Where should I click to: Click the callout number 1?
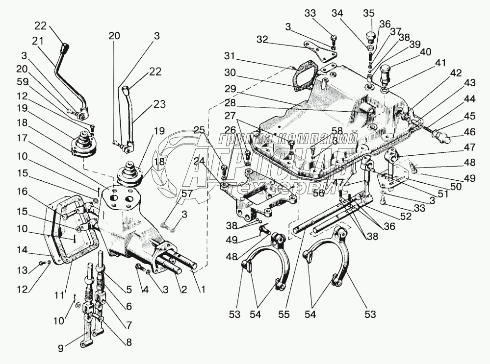201,290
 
